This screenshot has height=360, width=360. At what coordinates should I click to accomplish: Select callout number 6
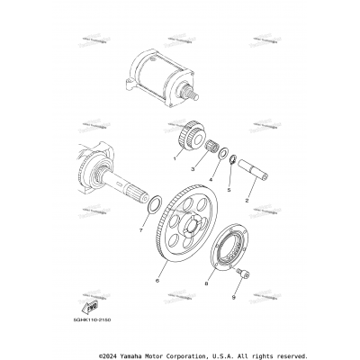point(158,281)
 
